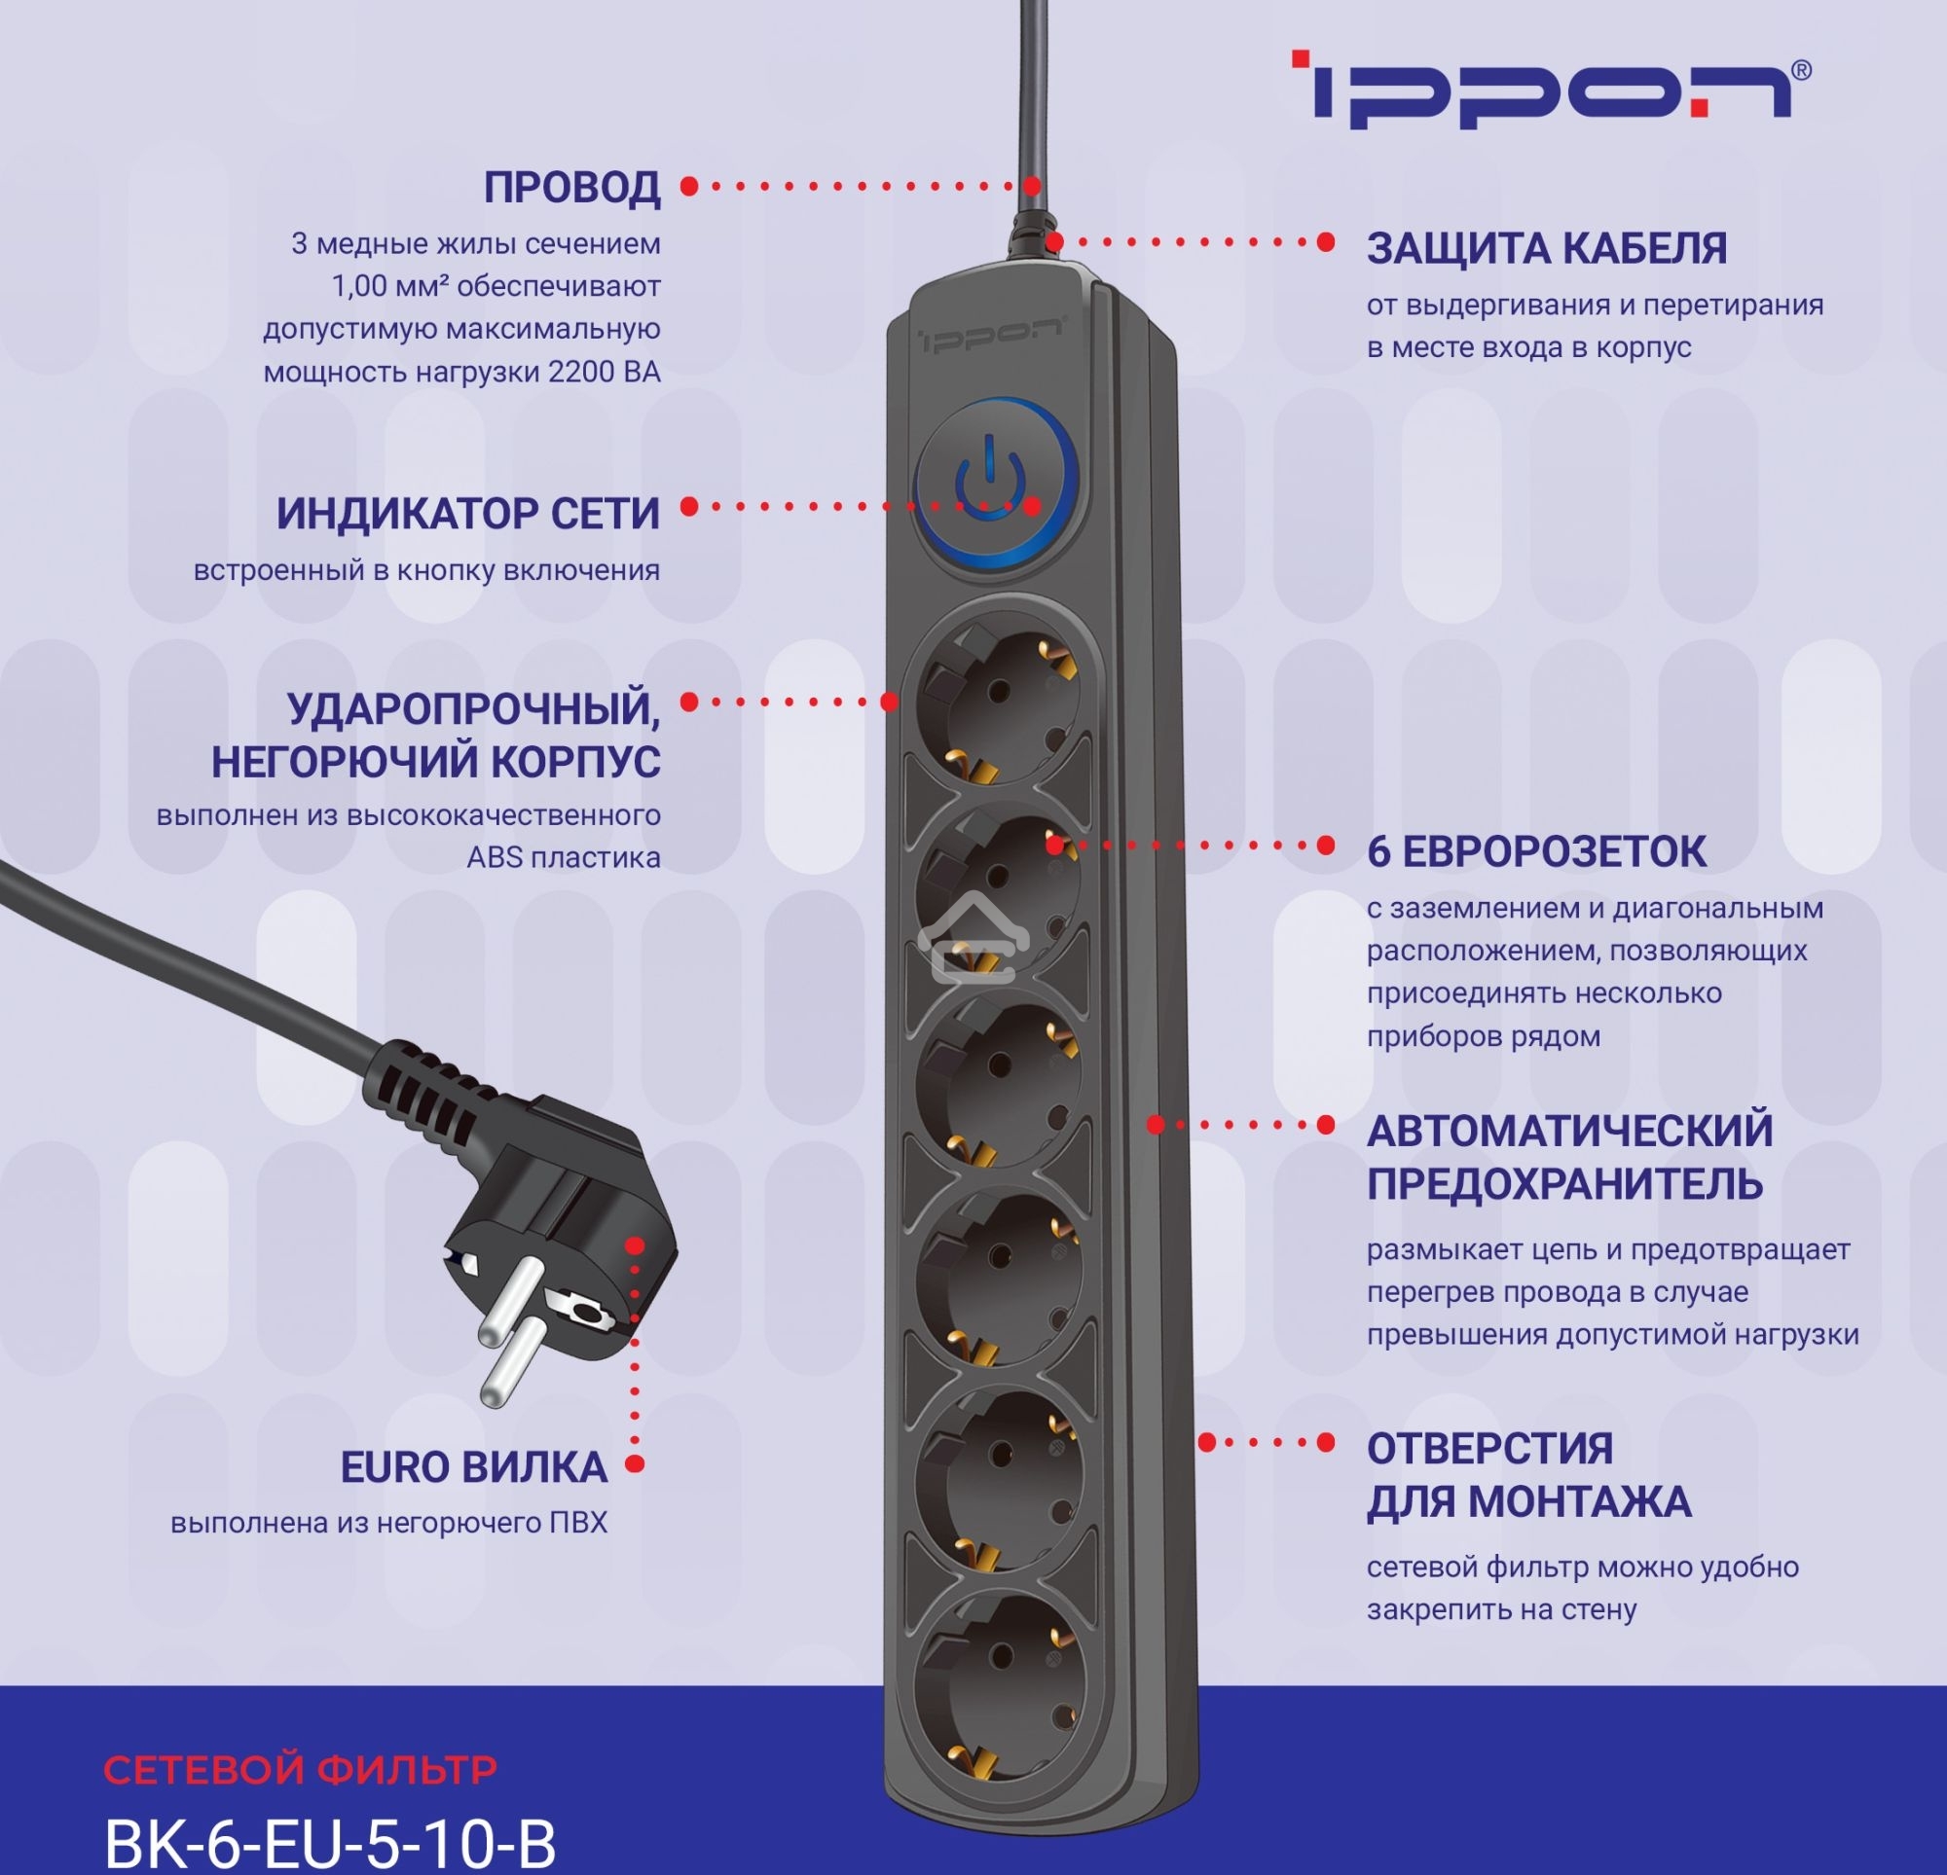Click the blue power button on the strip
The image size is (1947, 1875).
994,484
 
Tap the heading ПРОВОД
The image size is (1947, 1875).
572,188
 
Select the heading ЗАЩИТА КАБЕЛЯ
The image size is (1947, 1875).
1547,248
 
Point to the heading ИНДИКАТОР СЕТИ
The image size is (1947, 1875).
468,514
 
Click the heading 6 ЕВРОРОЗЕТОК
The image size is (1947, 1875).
1536,851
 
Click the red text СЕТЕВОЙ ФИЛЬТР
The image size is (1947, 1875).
300,1769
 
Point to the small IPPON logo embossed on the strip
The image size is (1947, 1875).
990,335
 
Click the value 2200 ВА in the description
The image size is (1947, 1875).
604,373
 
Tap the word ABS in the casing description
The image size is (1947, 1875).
494,857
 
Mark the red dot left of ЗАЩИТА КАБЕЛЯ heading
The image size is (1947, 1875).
1325,242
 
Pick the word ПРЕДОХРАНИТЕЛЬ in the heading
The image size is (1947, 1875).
1564,1183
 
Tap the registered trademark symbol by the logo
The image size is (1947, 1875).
1802,69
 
